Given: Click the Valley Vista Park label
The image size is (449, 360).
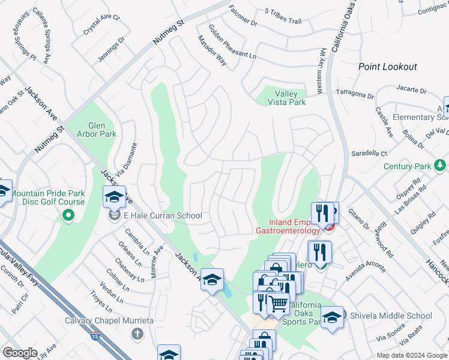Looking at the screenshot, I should point(290,98).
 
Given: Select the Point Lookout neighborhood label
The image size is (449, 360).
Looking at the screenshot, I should point(387,67).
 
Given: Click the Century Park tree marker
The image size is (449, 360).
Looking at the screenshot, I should point(440,164).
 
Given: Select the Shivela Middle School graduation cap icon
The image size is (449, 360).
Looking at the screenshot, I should point(332,318).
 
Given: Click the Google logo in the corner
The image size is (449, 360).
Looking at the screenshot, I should point(20,352).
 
